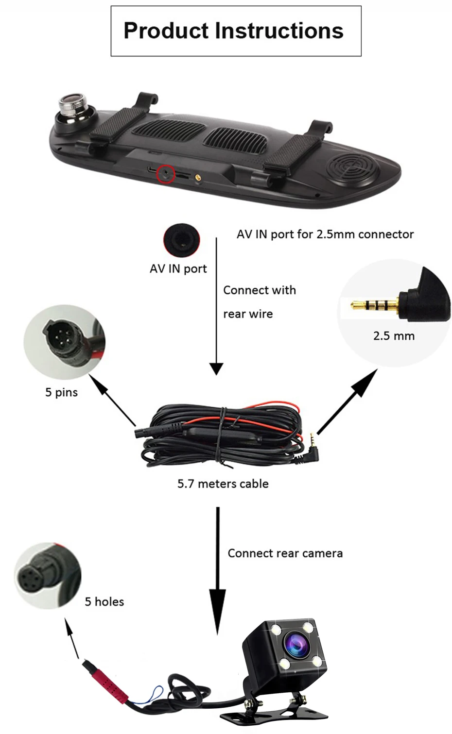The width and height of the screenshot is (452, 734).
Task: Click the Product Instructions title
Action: pyautogui.click(x=233, y=31)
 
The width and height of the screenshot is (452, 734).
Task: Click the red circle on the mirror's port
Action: pyautogui.click(x=165, y=174)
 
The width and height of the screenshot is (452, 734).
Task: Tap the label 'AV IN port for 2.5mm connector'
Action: pyautogui.click(x=325, y=234)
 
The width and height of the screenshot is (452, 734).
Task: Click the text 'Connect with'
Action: pyautogui.click(x=259, y=290)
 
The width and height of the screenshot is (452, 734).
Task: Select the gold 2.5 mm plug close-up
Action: pyautogui.click(x=375, y=305)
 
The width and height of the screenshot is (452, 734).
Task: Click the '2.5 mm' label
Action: pyautogui.click(x=394, y=336)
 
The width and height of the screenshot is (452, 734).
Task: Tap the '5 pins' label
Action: pyautogui.click(x=61, y=392)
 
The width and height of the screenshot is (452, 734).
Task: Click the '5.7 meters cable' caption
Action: pyautogui.click(x=223, y=484)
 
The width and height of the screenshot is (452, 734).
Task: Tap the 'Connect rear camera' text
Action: pyautogui.click(x=285, y=553)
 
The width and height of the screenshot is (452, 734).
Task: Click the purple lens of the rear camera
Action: pyautogui.click(x=295, y=645)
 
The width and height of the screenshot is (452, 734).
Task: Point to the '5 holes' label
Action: pyautogui.click(x=104, y=602)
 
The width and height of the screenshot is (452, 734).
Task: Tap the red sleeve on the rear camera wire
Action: pyautogui.click(x=106, y=682)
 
